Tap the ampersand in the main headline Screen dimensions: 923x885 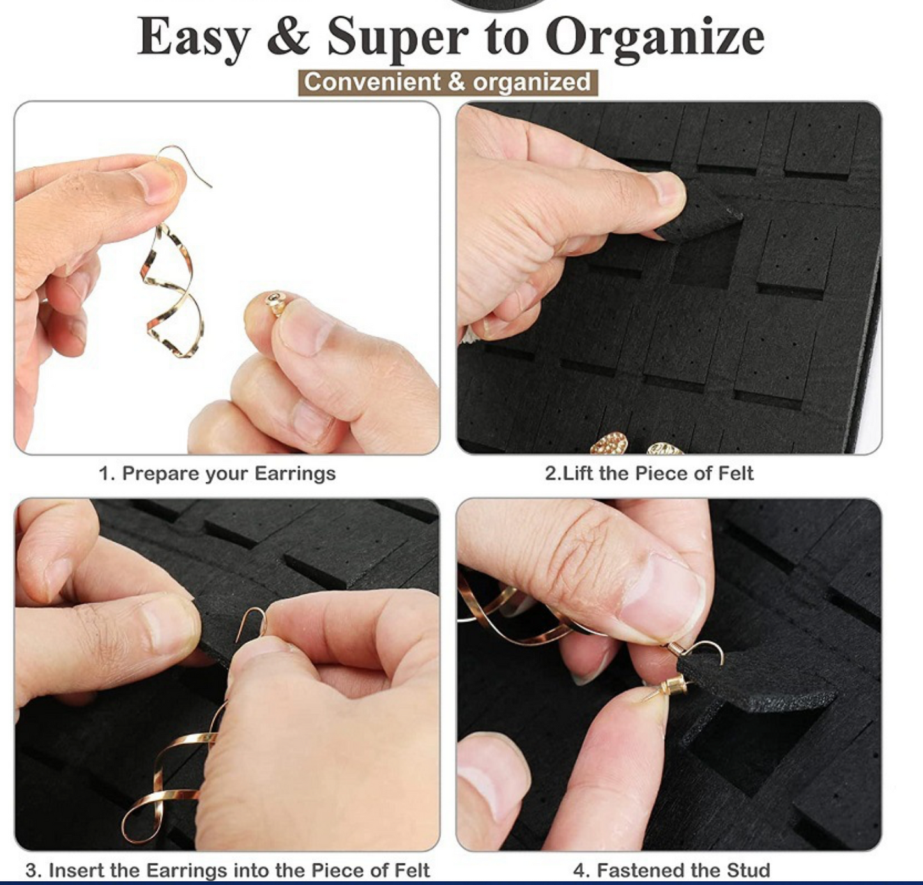[x=289, y=36]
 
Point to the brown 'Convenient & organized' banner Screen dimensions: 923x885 [x=448, y=82]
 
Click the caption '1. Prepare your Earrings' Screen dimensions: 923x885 [x=217, y=473]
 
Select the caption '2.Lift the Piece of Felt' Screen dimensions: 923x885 [x=649, y=473]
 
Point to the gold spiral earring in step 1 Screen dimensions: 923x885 [x=173, y=289]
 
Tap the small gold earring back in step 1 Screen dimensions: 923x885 [x=275, y=304]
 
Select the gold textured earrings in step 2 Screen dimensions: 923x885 [x=636, y=443]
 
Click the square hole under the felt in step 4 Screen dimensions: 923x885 [x=749, y=748]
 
